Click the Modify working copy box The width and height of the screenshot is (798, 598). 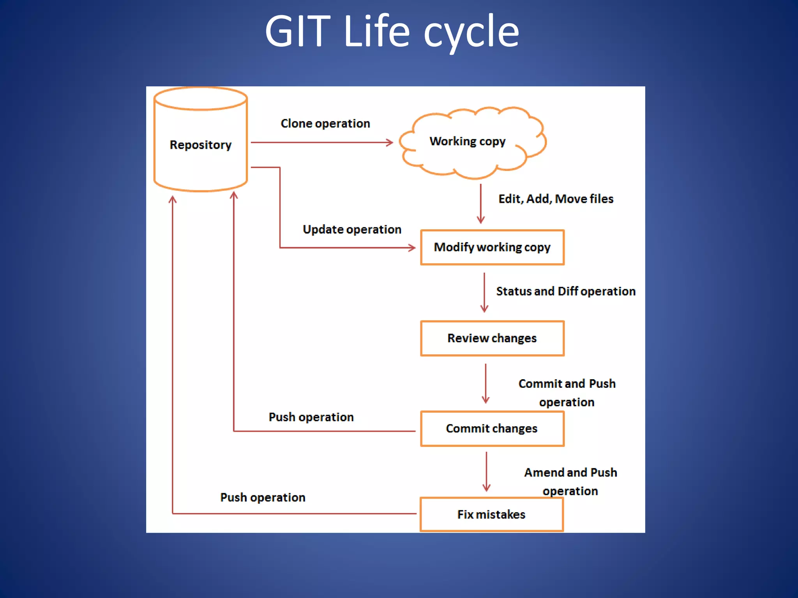coord(492,247)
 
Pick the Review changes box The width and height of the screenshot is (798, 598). coord(492,338)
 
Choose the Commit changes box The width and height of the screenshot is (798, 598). coord(492,429)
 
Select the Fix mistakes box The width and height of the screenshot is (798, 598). coord(491,514)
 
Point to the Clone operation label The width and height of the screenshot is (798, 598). coord(325,123)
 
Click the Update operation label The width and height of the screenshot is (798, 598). coord(352,229)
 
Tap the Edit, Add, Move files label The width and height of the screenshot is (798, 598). coord(556,199)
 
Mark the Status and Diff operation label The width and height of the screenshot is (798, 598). coord(565,291)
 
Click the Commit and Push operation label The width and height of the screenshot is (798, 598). coord(567,392)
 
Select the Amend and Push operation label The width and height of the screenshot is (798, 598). coord(570,482)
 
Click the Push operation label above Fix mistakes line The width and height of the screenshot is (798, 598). coord(263,497)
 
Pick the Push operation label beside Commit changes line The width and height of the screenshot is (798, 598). coord(311,417)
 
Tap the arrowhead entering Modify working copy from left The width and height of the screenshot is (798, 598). coord(412,248)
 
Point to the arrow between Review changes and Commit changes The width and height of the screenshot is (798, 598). coord(486,383)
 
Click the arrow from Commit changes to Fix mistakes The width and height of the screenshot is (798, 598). coord(486,471)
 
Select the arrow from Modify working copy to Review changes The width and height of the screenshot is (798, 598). coord(484,292)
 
